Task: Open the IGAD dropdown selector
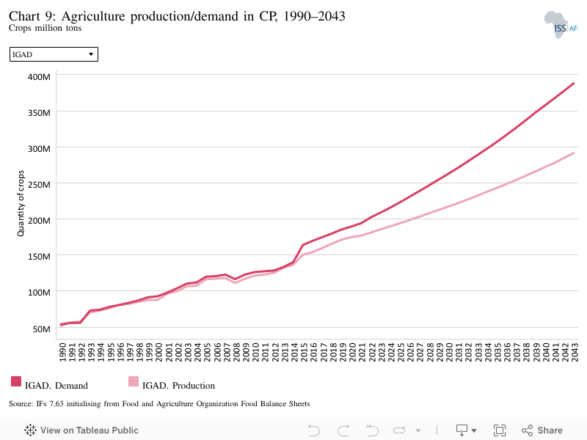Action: (x=54, y=54)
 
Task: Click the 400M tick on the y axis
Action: (x=39, y=77)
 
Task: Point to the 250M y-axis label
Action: (x=39, y=185)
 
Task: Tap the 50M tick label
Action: (x=42, y=329)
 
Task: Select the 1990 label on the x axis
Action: (x=62, y=353)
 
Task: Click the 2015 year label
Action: (x=304, y=353)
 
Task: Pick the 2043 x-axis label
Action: (x=575, y=353)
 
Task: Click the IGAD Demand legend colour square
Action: (x=16, y=381)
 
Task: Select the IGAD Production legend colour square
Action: (x=134, y=381)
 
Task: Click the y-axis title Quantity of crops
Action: (x=21, y=203)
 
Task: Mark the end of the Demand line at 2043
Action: (x=574, y=84)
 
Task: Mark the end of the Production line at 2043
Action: (x=574, y=153)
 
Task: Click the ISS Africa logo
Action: (x=561, y=25)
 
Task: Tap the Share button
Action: (x=542, y=430)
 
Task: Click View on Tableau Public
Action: (x=81, y=430)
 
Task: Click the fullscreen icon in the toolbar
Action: (x=500, y=430)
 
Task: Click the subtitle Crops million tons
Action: (x=45, y=28)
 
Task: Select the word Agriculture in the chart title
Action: (x=93, y=16)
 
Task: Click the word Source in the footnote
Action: (x=21, y=404)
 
